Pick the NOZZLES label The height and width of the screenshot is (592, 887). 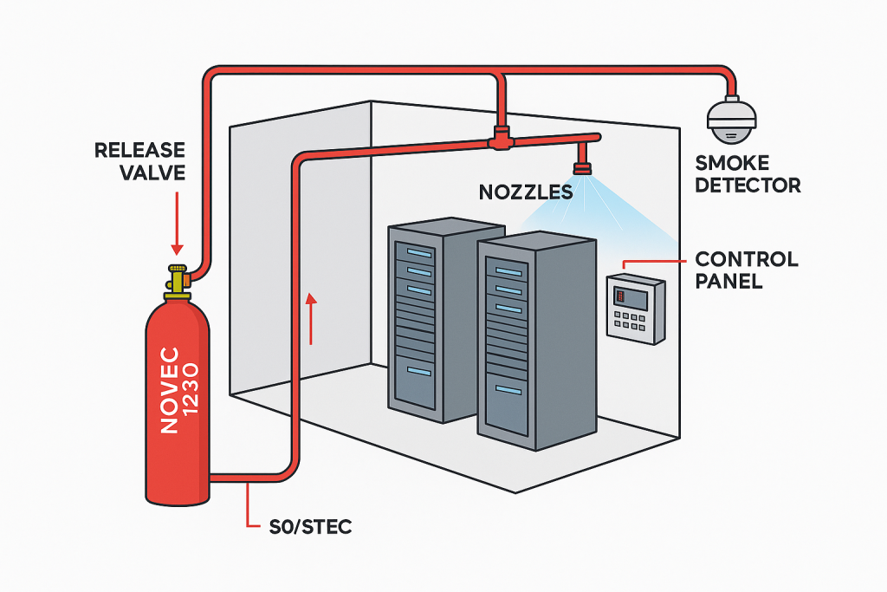pyautogui.click(x=526, y=192)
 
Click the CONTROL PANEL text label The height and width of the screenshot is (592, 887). pyautogui.click(x=747, y=270)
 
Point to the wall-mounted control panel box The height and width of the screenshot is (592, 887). pyautogui.click(x=635, y=308)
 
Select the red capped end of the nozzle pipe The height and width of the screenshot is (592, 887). pyautogui.click(x=595, y=137)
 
